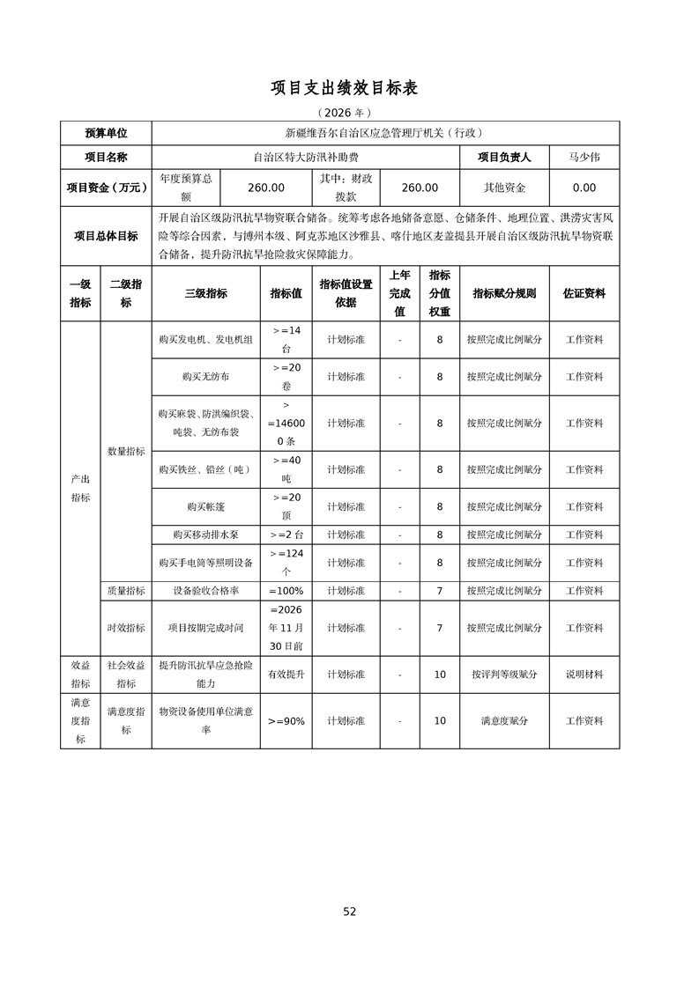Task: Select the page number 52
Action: [350, 911]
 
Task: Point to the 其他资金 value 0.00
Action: [584, 188]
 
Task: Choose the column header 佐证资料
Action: [584, 293]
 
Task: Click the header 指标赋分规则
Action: [504, 293]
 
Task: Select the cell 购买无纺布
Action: [205, 376]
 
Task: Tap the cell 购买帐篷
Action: [205, 507]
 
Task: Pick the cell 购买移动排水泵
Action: [205, 535]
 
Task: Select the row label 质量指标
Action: [126, 591]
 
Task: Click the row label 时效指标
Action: [126, 628]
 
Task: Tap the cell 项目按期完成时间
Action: [205, 628]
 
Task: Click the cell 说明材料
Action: [584, 674]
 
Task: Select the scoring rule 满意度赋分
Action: [504, 720]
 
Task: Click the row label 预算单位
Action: [106, 133]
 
